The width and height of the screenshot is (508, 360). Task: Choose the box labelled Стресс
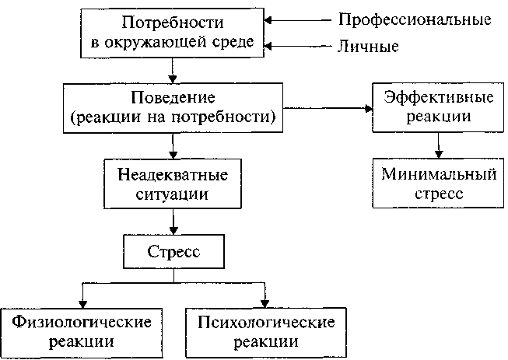click(173, 253)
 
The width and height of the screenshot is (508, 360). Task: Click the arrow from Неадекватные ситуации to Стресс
click(173, 222)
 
